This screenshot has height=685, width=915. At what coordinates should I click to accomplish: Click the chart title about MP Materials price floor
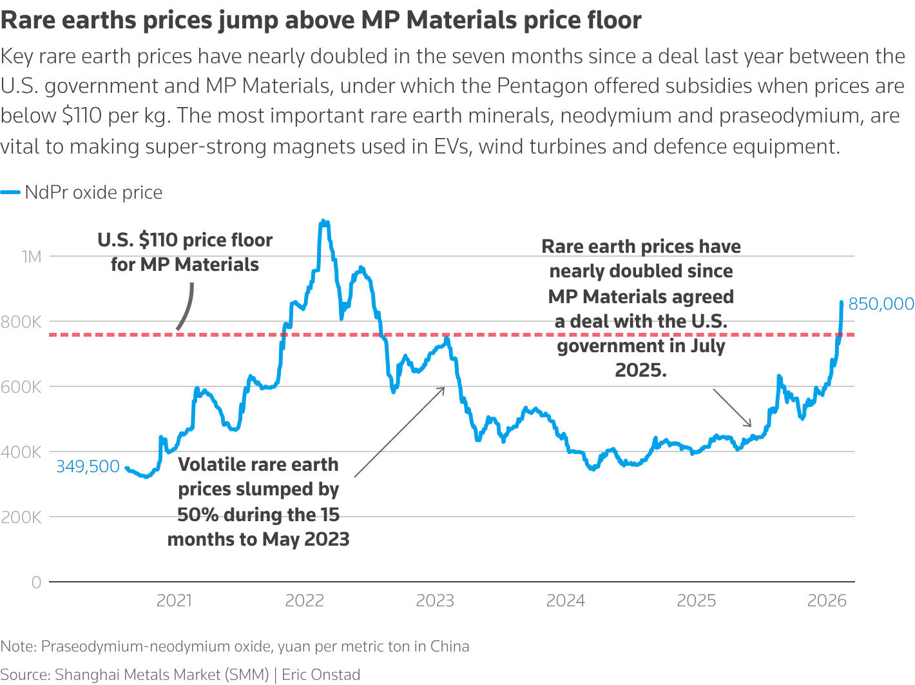tap(321, 21)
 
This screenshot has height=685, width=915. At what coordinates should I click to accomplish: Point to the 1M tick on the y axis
tap(31, 257)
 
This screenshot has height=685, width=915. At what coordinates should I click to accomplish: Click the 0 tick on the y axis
tap(36, 582)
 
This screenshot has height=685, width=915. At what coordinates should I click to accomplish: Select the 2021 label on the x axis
tap(174, 601)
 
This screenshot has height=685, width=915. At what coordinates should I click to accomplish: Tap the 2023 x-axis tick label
tap(435, 601)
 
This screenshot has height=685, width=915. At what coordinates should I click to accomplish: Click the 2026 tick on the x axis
tap(827, 601)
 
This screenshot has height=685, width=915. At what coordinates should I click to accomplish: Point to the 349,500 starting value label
tap(88, 466)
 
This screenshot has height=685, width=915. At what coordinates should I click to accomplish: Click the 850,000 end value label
tap(881, 304)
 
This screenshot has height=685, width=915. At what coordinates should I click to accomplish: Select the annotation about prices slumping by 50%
tap(258, 502)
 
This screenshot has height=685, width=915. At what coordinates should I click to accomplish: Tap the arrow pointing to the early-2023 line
tap(400, 432)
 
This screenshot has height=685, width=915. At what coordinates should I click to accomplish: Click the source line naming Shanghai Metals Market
tap(180, 675)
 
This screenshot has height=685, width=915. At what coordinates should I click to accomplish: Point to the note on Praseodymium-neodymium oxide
tap(235, 646)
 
